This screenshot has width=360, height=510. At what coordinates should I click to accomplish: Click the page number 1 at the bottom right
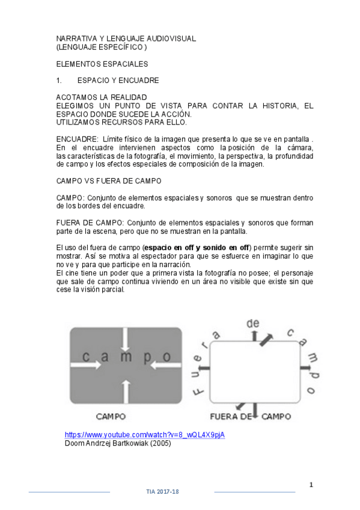(x=311, y=484)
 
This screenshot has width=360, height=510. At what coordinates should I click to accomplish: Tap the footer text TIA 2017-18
(x=162, y=491)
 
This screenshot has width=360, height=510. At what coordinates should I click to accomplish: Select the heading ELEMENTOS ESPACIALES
(x=102, y=64)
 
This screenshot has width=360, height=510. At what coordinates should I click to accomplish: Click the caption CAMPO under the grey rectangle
(x=111, y=416)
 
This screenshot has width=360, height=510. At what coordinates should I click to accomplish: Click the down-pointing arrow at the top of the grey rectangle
(x=125, y=341)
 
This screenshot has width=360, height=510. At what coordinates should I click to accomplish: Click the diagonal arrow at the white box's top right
(x=265, y=339)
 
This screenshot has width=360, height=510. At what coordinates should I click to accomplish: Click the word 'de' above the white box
(x=252, y=324)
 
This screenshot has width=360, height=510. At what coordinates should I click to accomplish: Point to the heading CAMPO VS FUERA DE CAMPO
(x=109, y=180)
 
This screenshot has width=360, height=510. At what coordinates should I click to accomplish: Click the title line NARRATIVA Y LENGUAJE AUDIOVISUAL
(x=126, y=38)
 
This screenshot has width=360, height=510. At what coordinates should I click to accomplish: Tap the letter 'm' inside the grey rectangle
(x=125, y=357)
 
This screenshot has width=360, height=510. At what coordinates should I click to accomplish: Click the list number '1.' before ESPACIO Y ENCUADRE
(x=59, y=81)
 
